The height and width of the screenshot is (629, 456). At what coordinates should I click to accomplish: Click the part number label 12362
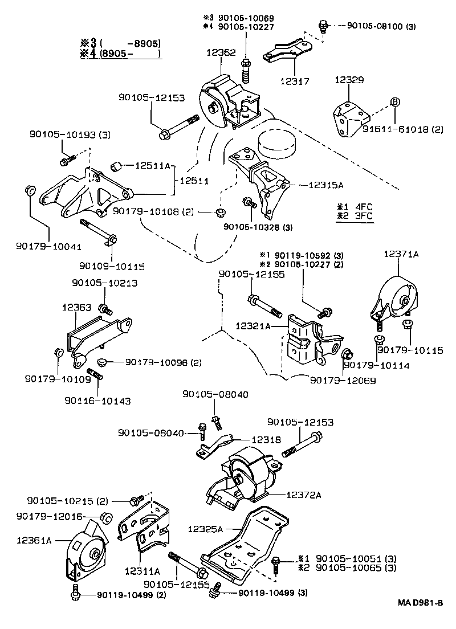pos(221,52)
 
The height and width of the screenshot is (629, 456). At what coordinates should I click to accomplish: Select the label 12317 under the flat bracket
pos(294,81)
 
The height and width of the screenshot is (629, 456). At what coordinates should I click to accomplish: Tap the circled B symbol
pos(394,103)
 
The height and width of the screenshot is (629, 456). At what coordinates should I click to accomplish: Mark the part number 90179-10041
pos(48,247)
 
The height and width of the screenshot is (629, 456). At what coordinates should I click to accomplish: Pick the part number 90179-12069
pos(343,379)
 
